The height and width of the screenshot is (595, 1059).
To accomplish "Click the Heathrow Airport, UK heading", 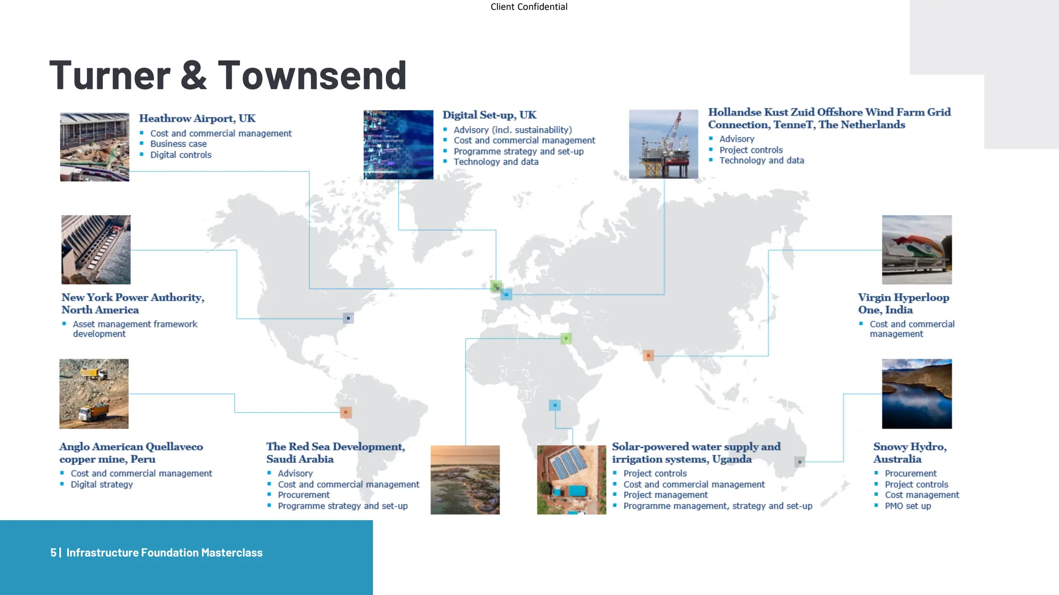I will pyautogui.click(x=197, y=118).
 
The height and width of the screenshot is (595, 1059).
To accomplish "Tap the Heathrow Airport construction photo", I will pyautogui.click(x=95, y=147).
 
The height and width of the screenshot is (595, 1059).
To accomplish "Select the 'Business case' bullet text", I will pyautogui.click(x=178, y=144).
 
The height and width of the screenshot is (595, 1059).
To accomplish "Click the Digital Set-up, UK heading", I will pyautogui.click(x=489, y=115).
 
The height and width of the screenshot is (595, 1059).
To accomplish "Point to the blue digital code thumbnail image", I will pyautogui.click(x=398, y=145).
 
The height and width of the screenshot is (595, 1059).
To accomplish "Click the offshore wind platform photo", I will pyautogui.click(x=663, y=144).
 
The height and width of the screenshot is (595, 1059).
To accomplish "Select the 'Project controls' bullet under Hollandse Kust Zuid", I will pyautogui.click(x=751, y=150).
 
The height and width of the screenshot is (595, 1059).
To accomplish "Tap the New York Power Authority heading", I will pyautogui.click(x=133, y=304).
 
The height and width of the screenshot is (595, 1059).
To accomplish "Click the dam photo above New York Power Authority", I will pyautogui.click(x=96, y=249).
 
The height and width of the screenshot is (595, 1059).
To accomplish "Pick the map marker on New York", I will pyautogui.click(x=349, y=318).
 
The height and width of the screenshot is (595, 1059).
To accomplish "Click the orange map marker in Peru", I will pyautogui.click(x=346, y=412).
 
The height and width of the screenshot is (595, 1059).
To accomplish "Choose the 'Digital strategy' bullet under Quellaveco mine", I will pyautogui.click(x=102, y=484).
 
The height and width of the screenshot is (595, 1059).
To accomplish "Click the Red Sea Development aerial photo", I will pyautogui.click(x=465, y=480).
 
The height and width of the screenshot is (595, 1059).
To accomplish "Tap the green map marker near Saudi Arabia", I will pyautogui.click(x=566, y=339).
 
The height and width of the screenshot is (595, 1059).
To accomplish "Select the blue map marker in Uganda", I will pyautogui.click(x=555, y=405).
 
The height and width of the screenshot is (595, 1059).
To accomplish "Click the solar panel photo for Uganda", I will pyautogui.click(x=571, y=480).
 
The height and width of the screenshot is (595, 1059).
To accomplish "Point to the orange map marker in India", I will pyautogui.click(x=648, y=355).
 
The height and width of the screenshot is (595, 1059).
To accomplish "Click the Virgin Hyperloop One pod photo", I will pyautogui.click(x=917, y=249).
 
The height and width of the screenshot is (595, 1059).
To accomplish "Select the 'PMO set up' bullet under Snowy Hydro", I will pyautogui.click(x=907, y=506).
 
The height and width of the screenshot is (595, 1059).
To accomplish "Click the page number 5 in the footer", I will pyautogui.click(x=53, y=553).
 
